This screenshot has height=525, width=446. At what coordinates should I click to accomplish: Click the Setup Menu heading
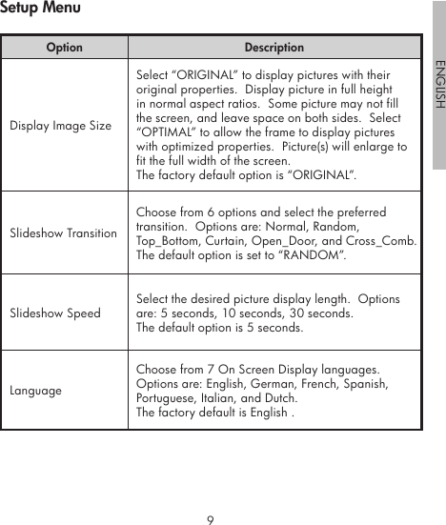40,9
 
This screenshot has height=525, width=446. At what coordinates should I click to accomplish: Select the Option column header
64,47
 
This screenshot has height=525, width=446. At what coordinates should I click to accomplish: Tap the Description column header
274,47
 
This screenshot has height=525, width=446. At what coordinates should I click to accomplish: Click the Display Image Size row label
60,126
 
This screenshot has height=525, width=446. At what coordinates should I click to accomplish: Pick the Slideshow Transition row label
63,233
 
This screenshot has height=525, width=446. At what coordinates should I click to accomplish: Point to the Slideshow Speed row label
54,313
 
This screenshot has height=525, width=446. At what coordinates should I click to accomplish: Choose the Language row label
35,391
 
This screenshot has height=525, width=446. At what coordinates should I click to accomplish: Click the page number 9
210,520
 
